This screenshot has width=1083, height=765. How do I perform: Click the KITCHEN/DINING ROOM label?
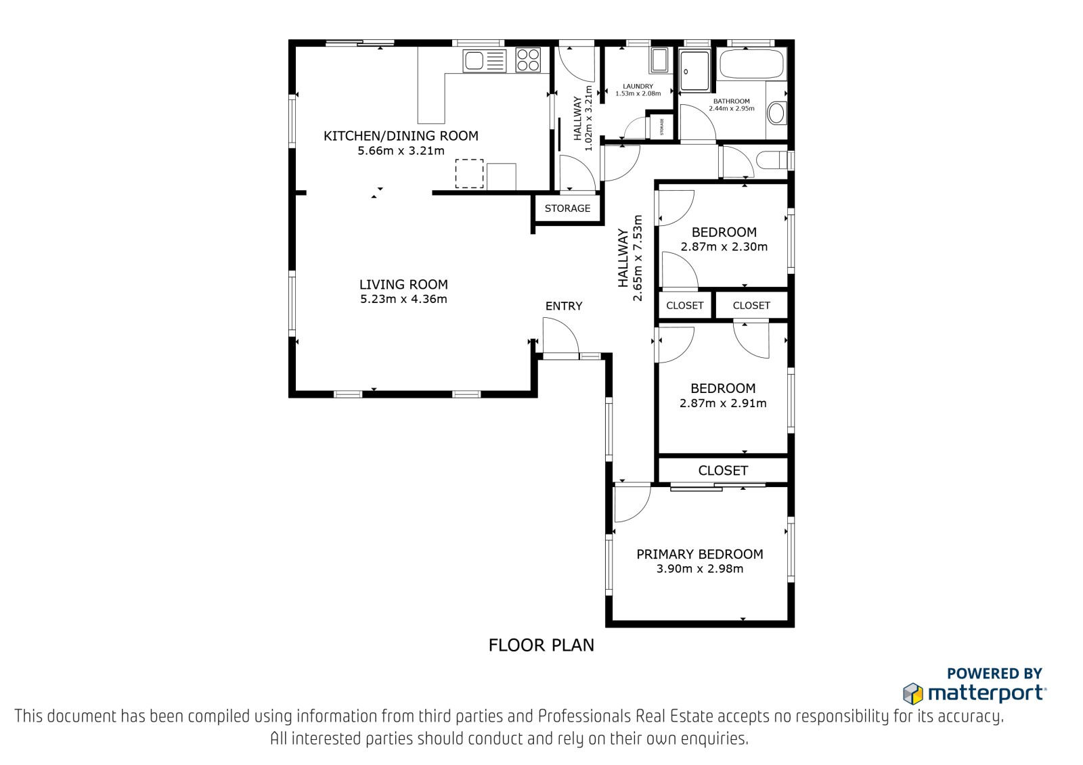pos(401,136)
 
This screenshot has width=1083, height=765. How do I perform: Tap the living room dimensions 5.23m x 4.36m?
pos(403,299)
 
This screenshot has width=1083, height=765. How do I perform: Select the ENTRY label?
pos(564,306)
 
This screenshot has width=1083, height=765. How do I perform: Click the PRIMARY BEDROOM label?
pos(700,554)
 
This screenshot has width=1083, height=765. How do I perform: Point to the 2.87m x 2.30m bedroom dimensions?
pos(724,247)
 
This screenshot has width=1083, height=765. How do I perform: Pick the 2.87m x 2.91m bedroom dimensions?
pos(723,403)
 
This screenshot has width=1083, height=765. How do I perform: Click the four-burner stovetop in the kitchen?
pos(527,60)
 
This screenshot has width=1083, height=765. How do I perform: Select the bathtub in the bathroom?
pos(752,64)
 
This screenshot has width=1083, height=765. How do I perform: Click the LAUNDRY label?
pos(638,87)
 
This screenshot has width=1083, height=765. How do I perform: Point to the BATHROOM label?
pos(732,101)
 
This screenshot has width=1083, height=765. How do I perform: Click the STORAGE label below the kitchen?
pos(568,208)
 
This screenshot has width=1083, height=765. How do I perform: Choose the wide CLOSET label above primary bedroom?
pos(724,470)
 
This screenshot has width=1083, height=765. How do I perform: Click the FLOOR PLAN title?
pos(541,645)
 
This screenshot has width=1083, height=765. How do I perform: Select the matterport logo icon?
pos(913,694)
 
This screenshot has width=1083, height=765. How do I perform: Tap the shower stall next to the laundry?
pos(694,70)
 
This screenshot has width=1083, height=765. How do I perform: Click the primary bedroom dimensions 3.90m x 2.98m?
pos(700,569)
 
